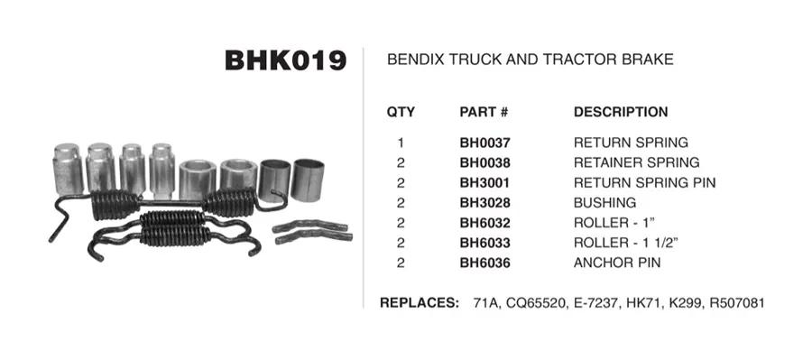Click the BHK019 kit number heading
point(285,60)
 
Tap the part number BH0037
point(484,143)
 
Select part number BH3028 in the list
point(484,202)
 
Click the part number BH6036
point(484,263)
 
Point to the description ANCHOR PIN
point(617,263)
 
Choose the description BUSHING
point(604,202)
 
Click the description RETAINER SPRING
point(636,162)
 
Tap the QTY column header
point(401,112)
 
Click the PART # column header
point(484,112)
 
